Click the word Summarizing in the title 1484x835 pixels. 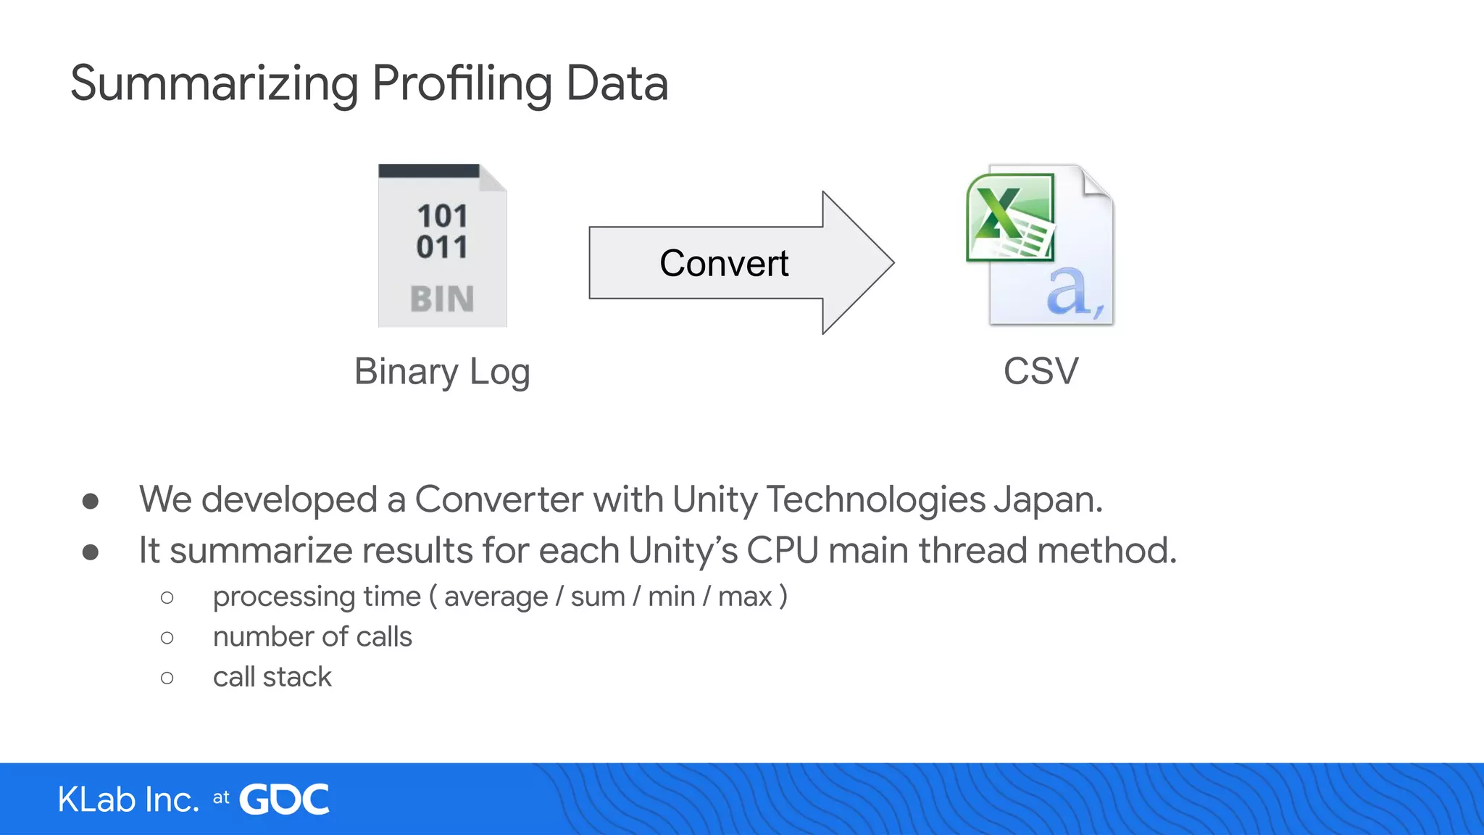click(214, 84)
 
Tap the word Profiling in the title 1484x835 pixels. click(462, 84)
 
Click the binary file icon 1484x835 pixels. click(442, 246)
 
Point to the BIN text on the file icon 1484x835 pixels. click(442, 299)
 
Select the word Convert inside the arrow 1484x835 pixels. click(723, 263)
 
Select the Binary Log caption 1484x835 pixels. click(442, 372)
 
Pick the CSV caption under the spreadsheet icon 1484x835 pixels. click(1041, 372)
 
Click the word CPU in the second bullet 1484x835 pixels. click(783, 550)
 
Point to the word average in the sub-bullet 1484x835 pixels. click(496, 597)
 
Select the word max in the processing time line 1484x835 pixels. click(745, 597)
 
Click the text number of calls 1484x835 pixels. click(312, 636)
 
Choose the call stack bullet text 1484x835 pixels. click(272, 677)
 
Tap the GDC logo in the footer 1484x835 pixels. click(284, 799)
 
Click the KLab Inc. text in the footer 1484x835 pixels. click(128, 799)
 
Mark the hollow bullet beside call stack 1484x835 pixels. click(167, 678)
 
